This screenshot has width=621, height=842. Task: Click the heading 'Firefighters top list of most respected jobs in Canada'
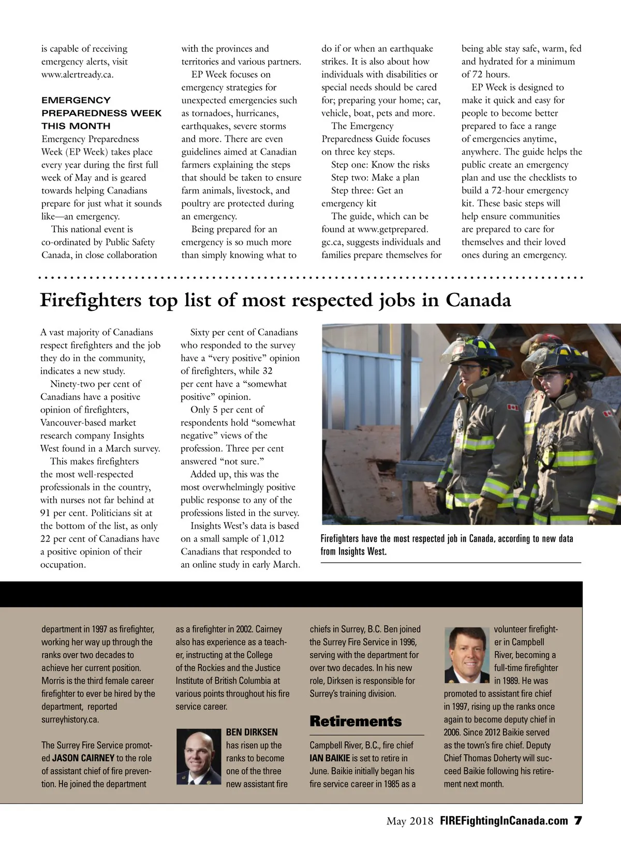tap(275, 300)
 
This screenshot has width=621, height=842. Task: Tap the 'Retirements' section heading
tap(356, 721)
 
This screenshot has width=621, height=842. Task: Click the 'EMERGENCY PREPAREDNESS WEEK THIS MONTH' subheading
tap(101, 113)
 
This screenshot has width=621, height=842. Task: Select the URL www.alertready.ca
tap(77, 74)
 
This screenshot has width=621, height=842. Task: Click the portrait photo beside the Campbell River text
tap(467, 655)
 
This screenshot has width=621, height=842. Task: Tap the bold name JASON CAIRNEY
tap(83, 758)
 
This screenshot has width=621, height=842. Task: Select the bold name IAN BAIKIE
tap(330, 758)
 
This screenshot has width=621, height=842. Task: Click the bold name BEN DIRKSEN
tap(252, 732)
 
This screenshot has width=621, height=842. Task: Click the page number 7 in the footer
tap(578, 821)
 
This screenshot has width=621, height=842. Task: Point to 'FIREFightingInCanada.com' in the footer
tap(504, 821)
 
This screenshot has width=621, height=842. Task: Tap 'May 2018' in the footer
tap(410, 821)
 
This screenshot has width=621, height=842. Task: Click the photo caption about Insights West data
tap(446, 545)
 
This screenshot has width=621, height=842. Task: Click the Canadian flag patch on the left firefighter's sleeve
tap(512, 408)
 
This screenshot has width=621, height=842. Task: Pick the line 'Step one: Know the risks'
tap(380, 165)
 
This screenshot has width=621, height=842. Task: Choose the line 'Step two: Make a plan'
tap(375, 178)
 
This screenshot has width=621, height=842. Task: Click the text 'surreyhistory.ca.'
tap(70, 719)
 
